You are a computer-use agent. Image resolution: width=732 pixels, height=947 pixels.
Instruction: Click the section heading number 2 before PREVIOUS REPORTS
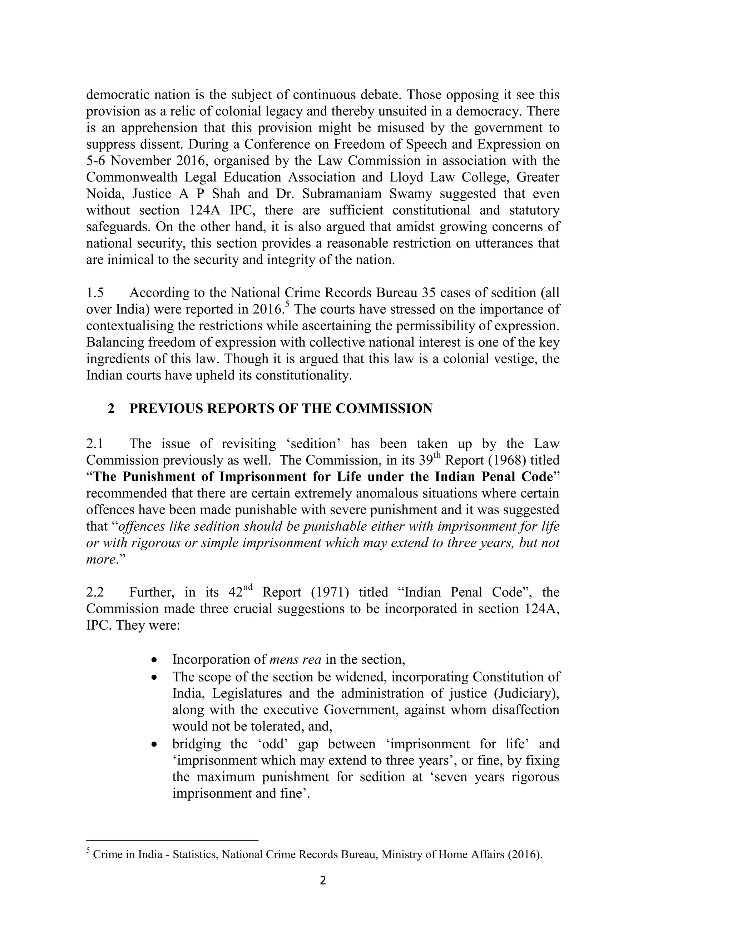point(112,408)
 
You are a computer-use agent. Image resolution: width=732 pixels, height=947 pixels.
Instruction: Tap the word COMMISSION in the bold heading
point(384,408)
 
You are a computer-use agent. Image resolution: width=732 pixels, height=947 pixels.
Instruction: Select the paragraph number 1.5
point(95,293)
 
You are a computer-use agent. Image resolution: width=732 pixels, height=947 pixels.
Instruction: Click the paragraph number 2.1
point(95,443)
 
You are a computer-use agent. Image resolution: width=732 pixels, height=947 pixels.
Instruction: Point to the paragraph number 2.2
point(95,592)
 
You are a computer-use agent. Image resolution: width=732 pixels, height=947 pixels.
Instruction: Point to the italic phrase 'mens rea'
point(295,659)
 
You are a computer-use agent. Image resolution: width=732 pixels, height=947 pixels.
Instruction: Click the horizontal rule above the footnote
point(172,841)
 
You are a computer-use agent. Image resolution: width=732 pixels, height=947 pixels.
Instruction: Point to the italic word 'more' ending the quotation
point(100,559)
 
